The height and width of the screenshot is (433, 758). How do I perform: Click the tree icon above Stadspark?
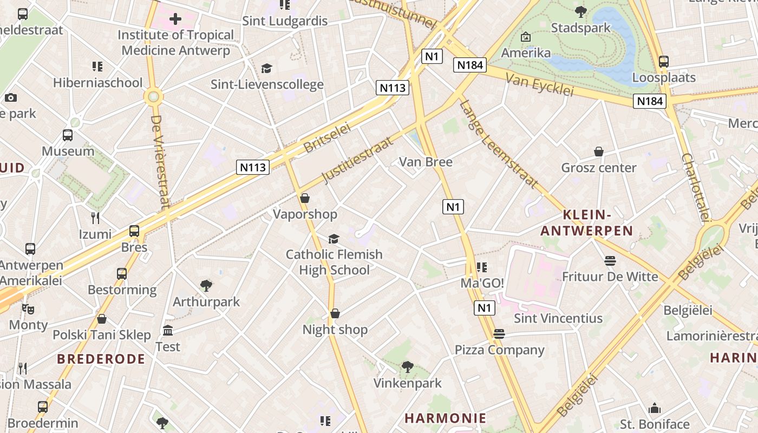[x=580, y=11]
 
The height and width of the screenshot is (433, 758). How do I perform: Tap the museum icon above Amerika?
[x=525, y=37]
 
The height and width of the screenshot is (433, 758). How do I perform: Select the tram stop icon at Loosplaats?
[x=664, y=61]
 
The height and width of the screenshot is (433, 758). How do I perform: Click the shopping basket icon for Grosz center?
[x=599, y=152]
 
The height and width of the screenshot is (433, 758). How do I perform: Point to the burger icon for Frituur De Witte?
[x=610, y=261]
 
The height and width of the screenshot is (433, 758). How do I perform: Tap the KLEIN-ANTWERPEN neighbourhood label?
[x=587, y=222]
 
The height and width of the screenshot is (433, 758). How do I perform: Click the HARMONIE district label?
[x=446, y=418]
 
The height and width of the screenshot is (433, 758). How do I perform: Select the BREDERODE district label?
[x=101, y=359]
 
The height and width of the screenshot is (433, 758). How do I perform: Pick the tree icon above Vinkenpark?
[x=408, y=368]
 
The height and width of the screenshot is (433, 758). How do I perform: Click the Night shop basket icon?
[x=335, y=313]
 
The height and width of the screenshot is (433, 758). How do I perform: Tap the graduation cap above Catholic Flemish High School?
[x=334, y=239]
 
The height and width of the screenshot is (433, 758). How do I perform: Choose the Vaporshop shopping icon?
[x=305, y=198]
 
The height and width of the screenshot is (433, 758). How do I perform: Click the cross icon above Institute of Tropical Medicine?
[x=175, y=19]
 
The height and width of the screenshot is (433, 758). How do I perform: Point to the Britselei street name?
[x=327, y=137]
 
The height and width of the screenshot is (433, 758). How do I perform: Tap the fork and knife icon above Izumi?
[x=95, y=218]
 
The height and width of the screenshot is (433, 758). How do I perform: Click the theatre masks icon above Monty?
[x=28, y=309]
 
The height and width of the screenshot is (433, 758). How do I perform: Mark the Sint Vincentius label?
[x=558, y=318]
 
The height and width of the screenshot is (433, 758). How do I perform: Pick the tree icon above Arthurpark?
[x=206, y=285]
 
